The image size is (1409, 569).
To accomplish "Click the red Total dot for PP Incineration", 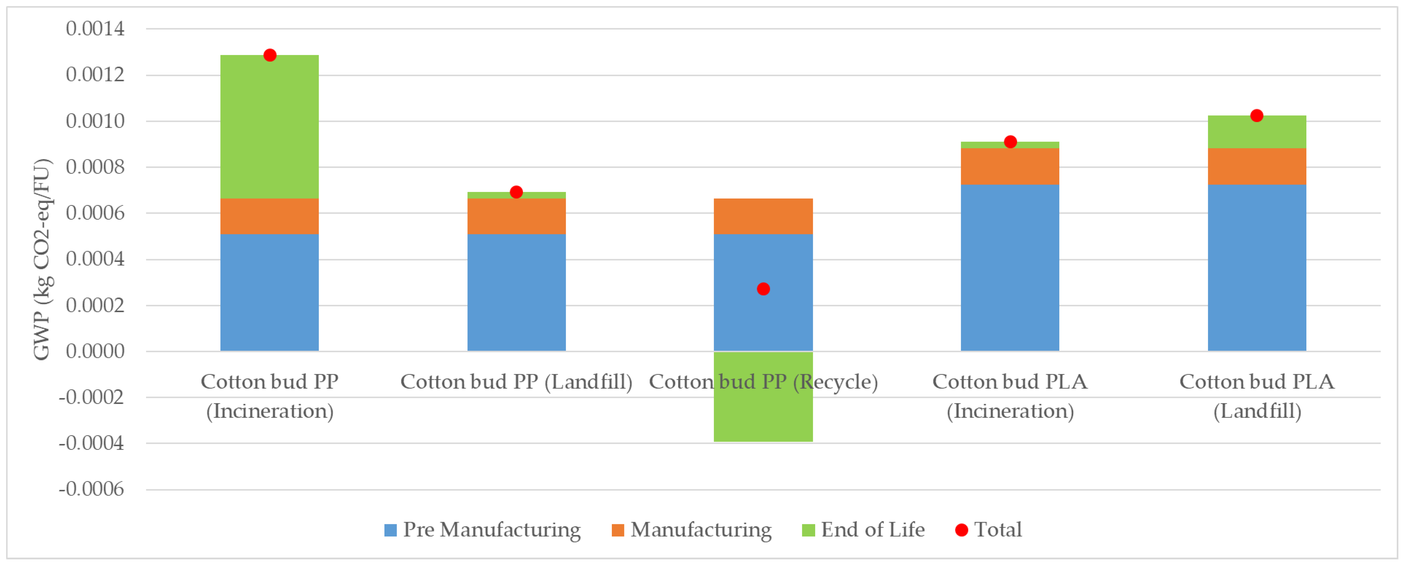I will (x=270, y=55).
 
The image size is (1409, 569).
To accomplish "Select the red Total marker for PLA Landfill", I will (x=1257, y=116).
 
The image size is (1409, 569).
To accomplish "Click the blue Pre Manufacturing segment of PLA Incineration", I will (x=1010, y=268).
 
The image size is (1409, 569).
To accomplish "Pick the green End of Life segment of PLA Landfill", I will (x=1257, y=132).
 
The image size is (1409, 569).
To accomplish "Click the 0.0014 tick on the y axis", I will (x=95, y=28).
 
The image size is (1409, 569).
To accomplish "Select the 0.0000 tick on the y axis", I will (x=95, y=351).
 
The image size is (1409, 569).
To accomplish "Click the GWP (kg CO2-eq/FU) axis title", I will (x=42, y=260).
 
